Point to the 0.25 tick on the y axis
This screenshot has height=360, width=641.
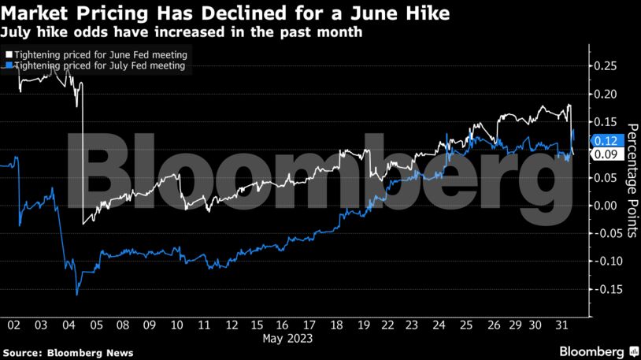tap(608, 66)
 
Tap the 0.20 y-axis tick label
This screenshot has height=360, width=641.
tap(608, 95)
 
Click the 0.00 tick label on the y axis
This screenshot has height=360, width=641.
tap(608, 206)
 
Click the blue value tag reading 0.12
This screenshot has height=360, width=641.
tap(610, 140)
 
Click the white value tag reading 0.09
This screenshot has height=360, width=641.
tap(610, 154)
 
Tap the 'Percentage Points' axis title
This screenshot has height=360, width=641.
tap(632, 180)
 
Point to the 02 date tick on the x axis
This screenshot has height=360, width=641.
tap(14, 325)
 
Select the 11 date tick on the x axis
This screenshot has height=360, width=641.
tap(205, 325)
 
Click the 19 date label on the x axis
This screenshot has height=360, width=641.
tap(364, 325)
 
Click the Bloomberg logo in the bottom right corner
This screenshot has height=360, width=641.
tap(598, 351)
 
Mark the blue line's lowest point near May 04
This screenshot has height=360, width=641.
tap(76, 295)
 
